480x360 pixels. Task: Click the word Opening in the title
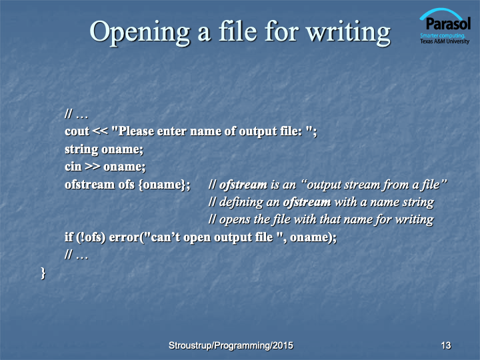click(139, 33)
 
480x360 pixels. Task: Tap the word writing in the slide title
click(349, 33)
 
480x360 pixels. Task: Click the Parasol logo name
click(448, 23)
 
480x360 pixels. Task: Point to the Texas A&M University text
click(445, 41)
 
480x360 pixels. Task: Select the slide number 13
click(446, 345)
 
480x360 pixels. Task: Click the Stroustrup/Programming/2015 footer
click(231, 345)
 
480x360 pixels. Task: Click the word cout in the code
click(77, 131)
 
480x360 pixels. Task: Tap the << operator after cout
click(100, 131)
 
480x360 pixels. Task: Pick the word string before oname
click(81, 149)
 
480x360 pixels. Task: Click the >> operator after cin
click(93, 167)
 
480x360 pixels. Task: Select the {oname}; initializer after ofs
click(165, 185)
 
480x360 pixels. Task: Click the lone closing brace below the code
click(43, 273)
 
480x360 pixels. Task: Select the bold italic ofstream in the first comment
click(243, 185)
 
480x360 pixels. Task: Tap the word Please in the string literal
click(136, 131)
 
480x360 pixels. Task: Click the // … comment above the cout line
click(76, 115)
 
